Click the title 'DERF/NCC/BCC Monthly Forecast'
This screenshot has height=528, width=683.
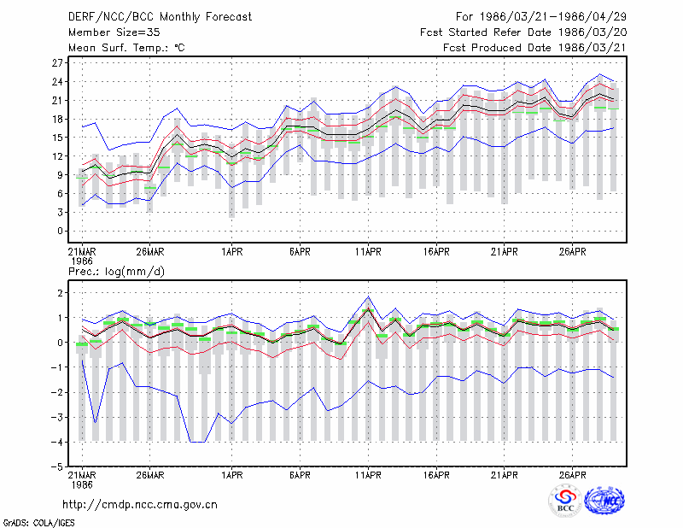(160, 17)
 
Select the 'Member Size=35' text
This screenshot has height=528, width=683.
(114, 32)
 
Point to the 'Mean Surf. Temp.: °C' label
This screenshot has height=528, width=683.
(126, 48)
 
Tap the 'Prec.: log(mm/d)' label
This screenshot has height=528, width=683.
(116, 272)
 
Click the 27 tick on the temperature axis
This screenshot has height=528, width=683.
(57, 62)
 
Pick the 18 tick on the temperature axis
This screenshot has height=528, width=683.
(57, 119)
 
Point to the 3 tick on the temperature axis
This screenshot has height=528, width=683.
(60, 213)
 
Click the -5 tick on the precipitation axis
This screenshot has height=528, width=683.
(56, 467)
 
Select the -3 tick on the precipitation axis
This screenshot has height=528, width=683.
(56, 417)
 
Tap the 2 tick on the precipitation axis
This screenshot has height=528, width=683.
(60, 293)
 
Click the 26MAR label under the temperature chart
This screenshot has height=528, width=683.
(150, 252)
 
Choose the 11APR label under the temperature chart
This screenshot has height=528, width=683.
(368, 252)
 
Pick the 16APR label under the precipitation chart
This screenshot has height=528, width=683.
(436, 475)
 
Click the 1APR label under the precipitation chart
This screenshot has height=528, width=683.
(231, 475)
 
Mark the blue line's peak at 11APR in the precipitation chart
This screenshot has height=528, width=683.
(369, 297)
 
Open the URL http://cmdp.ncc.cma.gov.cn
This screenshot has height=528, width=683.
(140, 505)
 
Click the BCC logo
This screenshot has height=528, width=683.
(565, 502)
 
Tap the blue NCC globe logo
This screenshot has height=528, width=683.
(604, 501)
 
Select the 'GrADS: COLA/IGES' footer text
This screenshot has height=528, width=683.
(39, 523)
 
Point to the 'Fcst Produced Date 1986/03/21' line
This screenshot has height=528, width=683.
(534, 48)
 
